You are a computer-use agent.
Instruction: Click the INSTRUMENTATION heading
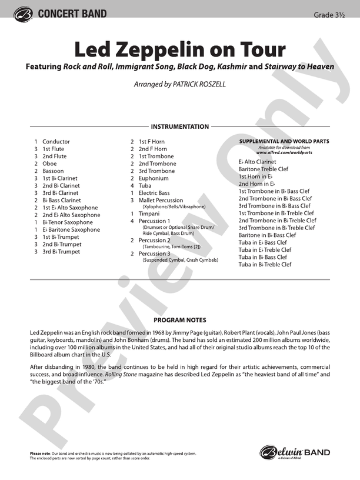coord(180,126)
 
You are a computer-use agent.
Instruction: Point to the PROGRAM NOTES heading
coord(180,320)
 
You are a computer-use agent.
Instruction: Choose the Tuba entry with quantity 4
coord(145,186)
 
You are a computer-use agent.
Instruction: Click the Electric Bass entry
coord(154,193)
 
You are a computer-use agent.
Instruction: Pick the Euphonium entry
coord(154,178)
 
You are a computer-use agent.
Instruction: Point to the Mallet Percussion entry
coord(161,201)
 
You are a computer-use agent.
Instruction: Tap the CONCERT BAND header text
coord(72,14)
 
